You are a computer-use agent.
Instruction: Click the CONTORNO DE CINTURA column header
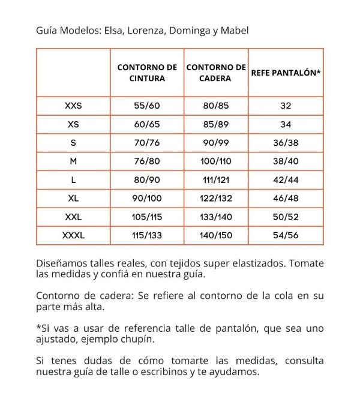pos(147,73)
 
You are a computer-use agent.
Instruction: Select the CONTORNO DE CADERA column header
pos(216,73)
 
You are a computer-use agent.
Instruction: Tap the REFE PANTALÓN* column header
pos(286,73)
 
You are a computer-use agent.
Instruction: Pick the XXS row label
pos(73,106)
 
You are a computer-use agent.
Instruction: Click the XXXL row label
pos(73,235)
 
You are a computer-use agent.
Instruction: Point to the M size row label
pos(73,161)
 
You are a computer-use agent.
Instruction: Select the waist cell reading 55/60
pos(147,106)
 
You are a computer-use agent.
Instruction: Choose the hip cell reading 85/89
pos(216,124)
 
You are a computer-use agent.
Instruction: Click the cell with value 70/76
pos(147,143)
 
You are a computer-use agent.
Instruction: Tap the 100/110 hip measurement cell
pos(216,161)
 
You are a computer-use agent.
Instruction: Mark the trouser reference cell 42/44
pos(286,180)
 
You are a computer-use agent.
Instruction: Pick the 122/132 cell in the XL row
pos(216,198)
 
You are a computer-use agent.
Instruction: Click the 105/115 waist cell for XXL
pos(147,217)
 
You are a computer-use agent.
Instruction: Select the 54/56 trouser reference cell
pos(286,235)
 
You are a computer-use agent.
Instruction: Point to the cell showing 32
pos(286,106)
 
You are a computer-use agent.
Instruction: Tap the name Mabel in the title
pos(234,29)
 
